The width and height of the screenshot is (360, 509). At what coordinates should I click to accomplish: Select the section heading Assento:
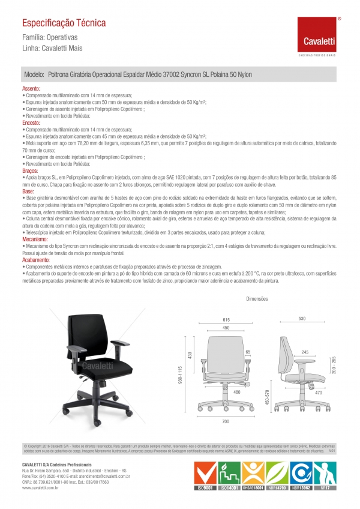(x=32, y=88)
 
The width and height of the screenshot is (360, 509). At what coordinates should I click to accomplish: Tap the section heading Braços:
(x=31, y=170)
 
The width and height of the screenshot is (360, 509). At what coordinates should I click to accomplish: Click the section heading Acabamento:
(x=36, y=259)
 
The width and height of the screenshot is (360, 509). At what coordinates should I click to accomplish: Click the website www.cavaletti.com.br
(x=40, y=489)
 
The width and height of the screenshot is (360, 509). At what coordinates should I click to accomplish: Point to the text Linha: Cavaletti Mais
(x=52, y=48)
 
